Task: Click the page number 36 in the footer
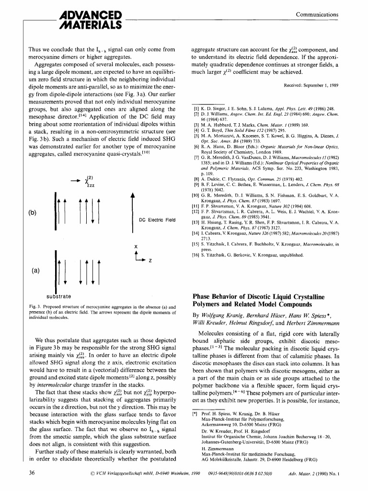(x=32, y=473)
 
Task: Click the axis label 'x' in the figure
(x=136, y=247)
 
